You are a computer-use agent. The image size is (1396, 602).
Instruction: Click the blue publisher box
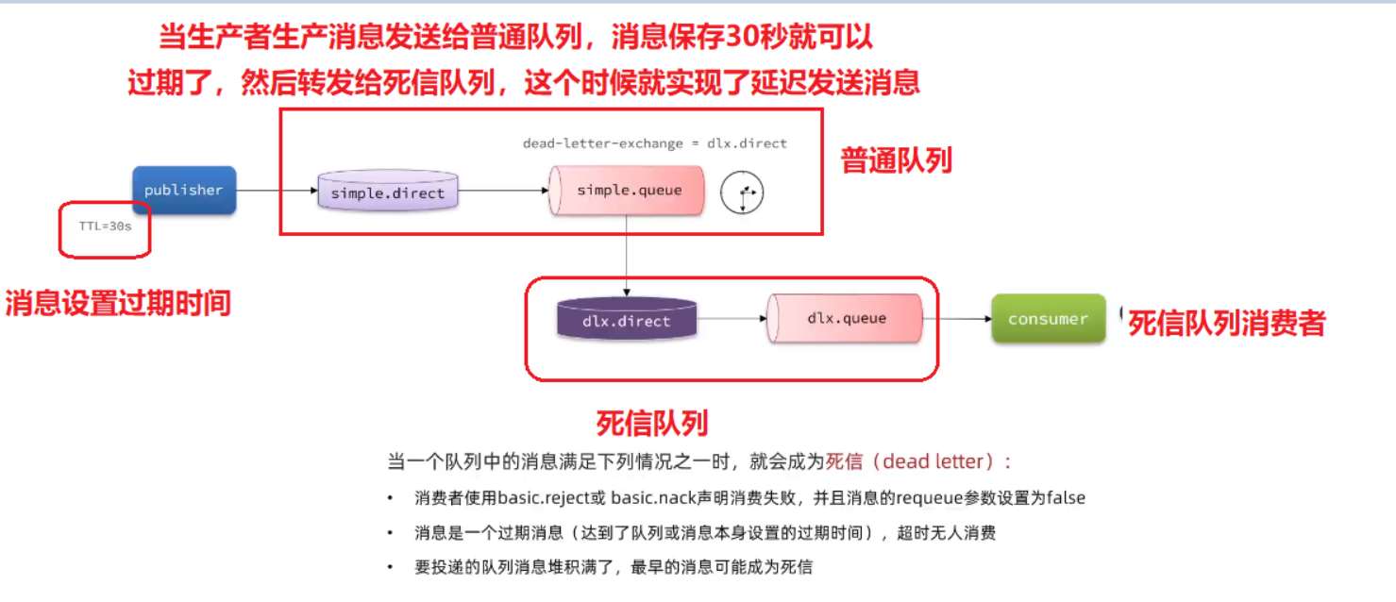[x=183, y=190]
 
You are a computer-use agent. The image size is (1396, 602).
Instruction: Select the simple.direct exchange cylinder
[x=387, y=192]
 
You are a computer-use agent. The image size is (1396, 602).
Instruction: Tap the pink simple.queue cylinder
[x=628, y=191]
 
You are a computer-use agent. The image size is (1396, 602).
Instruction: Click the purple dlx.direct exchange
[x=626, y=321]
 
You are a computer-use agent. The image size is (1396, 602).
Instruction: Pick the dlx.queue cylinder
[x=846, y=318]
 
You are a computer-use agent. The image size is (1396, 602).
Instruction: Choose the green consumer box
[x=1048, y=319]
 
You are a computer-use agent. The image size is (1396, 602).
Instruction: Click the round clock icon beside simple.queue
[x=742, y=193]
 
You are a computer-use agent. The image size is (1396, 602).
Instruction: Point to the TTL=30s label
[x=105, y=227]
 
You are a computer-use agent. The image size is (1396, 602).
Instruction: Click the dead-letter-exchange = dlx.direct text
[x=654, y=143]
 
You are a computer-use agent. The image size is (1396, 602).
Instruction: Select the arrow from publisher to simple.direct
[x=277, y=191]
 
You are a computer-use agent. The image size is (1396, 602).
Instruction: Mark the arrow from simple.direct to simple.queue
[x=503, y=191]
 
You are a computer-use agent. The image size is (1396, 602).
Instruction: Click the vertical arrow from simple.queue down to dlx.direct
[x=627, y=255]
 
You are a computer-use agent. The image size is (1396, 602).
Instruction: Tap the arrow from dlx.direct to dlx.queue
[x=732, y=319]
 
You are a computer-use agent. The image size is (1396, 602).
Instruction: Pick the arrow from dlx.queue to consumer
[x=956, y=319]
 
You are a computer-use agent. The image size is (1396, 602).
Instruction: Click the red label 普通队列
[x=896, y=161]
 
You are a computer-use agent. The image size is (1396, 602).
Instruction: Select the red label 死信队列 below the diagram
[x=651, y=423]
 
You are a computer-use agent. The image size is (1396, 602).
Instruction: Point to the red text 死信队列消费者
[x=1227, y=324]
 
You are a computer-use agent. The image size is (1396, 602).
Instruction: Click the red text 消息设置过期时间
[x=118, y=303]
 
